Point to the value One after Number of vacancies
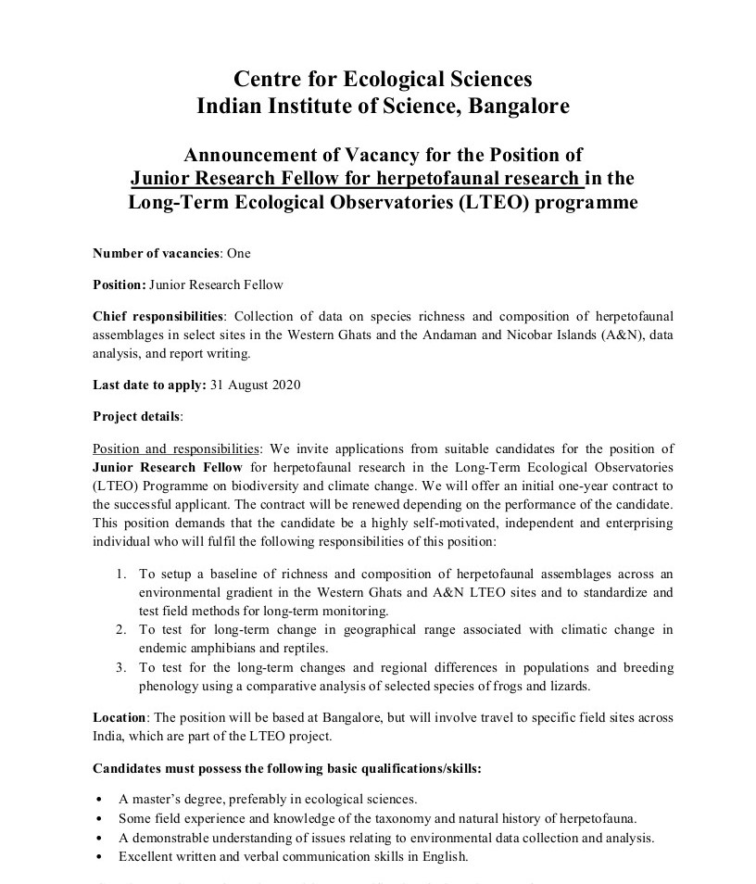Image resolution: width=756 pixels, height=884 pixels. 238,253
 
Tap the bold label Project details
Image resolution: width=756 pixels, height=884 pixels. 137,416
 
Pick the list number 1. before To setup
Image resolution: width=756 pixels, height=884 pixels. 120,575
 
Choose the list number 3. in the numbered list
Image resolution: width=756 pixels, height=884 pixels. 120,667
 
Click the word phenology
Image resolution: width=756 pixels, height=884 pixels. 168,686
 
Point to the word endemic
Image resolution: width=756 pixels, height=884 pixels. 166,648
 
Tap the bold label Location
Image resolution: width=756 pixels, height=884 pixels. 120,717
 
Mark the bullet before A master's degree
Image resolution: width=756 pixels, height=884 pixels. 99,799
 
